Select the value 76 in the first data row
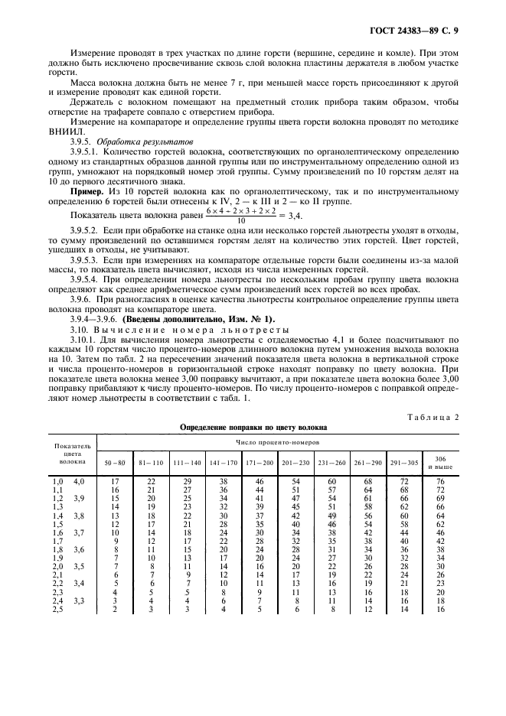tap(440, 481)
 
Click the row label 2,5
tap(57, 608)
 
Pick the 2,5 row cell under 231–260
tap(331, 608)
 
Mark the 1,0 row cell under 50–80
tap(115, 481)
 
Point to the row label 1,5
tap(57, 524)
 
